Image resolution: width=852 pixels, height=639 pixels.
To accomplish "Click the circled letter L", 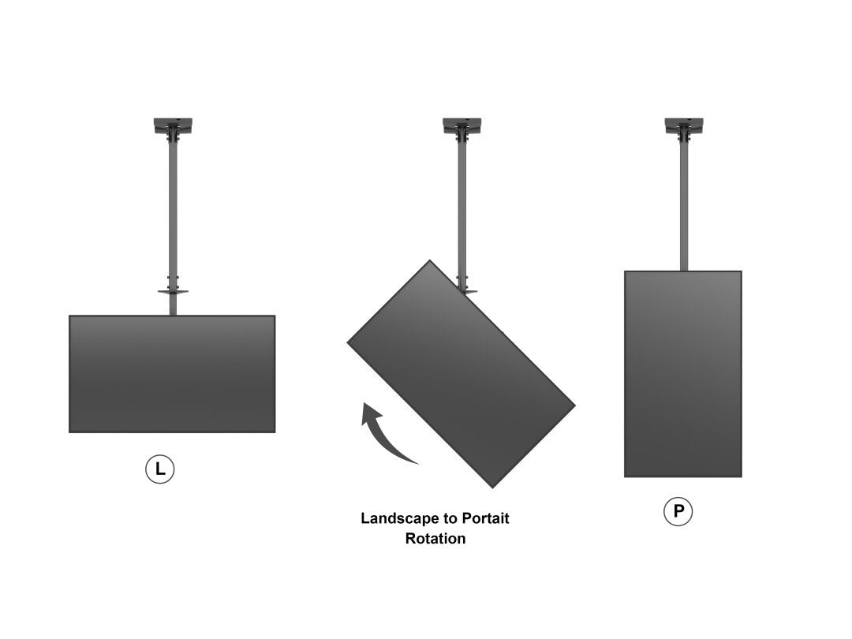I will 160,469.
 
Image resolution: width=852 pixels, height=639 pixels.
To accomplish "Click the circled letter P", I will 678,513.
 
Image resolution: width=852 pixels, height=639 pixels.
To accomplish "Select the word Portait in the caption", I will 484,518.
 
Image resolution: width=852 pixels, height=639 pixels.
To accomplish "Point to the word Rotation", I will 435,539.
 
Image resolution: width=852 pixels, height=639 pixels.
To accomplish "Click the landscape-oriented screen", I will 172,374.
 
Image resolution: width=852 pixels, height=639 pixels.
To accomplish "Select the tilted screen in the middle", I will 461,374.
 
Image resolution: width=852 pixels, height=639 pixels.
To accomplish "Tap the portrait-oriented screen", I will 682,374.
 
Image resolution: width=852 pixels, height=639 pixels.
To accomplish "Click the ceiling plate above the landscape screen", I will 173,125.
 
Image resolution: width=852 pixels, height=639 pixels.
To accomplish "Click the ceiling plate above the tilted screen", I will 461,125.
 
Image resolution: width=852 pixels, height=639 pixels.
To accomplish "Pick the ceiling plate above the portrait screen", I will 683,125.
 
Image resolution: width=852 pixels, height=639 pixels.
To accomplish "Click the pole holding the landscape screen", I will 173,213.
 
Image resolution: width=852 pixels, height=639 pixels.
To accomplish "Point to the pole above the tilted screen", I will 461,205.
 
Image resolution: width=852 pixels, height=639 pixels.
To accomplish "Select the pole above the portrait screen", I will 683,205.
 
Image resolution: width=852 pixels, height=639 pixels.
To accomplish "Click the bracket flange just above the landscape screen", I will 173,291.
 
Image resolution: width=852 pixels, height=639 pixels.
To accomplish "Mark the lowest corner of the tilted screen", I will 491,487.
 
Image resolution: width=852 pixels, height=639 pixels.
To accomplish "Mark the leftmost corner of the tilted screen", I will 349,342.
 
